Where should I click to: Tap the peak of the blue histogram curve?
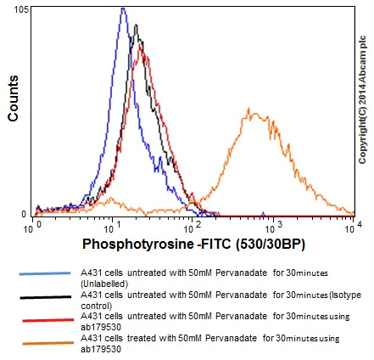(x=123, y=9)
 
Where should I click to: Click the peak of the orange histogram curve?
(x=250, y=110)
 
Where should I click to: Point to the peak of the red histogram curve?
(x=142, y=54)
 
